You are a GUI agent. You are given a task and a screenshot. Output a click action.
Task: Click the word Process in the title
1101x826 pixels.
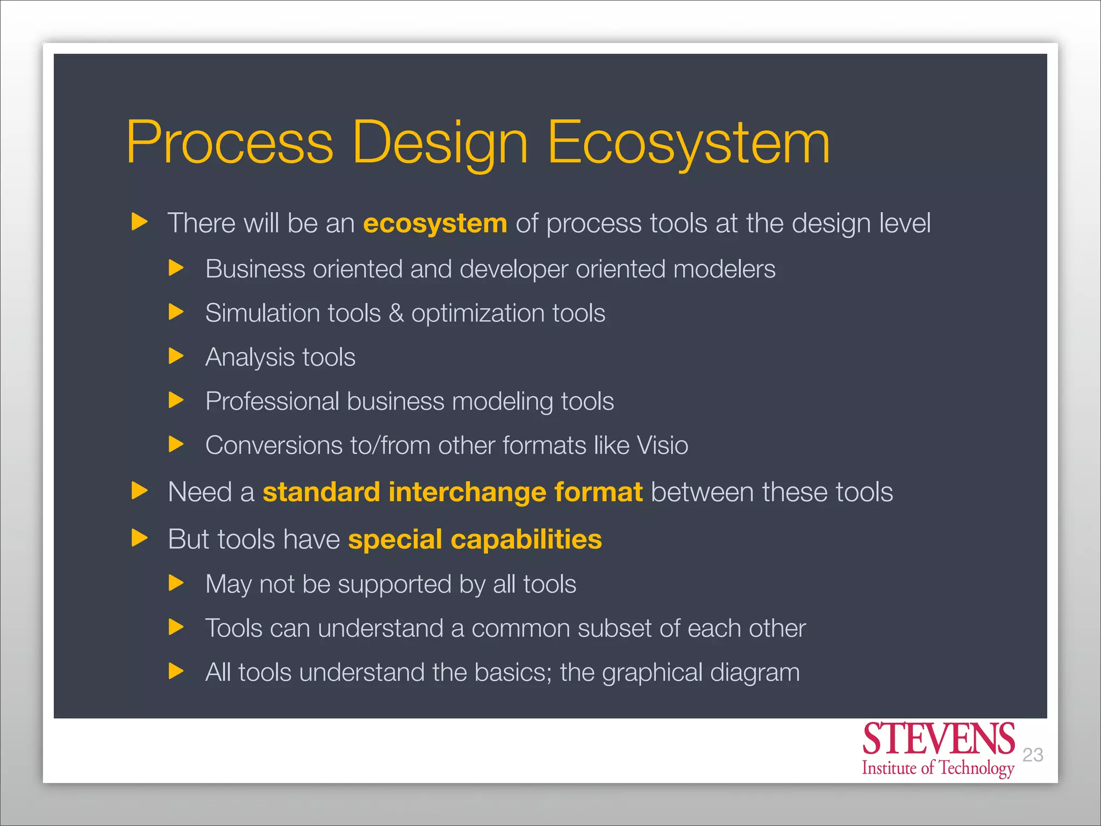click(x=230, y=143)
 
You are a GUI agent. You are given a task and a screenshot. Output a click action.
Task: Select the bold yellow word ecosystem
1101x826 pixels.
click(x=435, y=223)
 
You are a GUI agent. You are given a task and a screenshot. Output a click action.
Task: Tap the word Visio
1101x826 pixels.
click(x=662, y=445)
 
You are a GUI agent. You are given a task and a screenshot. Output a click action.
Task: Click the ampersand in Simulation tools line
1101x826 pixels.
click(x=396, y=313)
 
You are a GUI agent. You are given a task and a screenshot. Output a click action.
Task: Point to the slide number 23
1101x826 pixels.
click(x=1032, y=755)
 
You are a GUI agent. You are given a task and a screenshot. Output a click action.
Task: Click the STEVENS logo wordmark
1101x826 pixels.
click(x=938, y=739)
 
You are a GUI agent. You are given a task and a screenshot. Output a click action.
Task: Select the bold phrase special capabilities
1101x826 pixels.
click(x=475, y=539)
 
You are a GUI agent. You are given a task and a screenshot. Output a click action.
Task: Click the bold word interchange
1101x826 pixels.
click(x=467, y=492)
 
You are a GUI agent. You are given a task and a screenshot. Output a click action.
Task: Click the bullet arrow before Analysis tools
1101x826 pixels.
click(x=176, y=356)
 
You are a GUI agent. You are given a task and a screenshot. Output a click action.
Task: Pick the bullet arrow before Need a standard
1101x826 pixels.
click(x=139, y=490)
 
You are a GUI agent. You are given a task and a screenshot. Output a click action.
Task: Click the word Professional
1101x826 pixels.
click(x=272, y=402)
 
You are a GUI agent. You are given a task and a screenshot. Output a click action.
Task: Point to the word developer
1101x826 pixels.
click(x=513, y=269)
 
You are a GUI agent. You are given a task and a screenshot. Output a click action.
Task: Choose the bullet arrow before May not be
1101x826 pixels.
click(x=176, y=583)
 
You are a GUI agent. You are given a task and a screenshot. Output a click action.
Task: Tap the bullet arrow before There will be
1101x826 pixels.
click(x=139, y=222)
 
